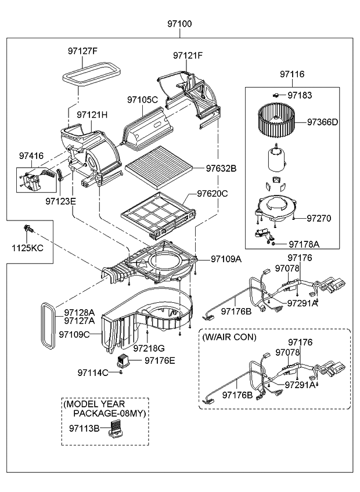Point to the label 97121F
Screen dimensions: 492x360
pos(188,56)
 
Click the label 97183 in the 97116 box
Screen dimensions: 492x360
pos(300,94)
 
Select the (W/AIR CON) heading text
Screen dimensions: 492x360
pos(229,337)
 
